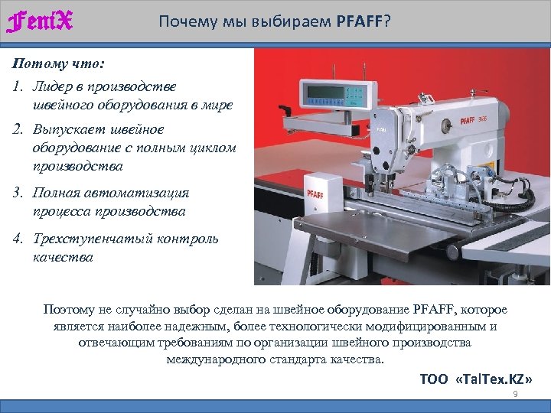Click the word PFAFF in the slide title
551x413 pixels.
pyautogui.click(x=359, y=20)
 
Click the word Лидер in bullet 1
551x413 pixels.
pyautogui.click(x=55, y=86)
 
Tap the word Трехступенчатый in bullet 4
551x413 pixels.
pyautogui.click(x=90, y=239)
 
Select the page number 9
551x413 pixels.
pyautogui.click(x=515, y=393)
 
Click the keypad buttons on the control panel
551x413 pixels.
pyautogui.click(x=354, y=95)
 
